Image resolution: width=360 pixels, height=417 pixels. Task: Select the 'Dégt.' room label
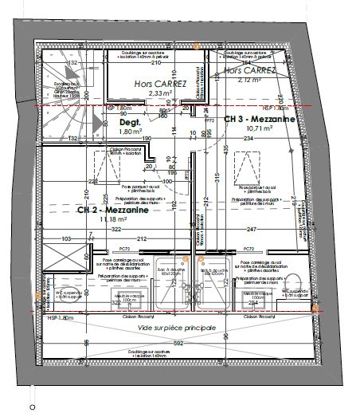129,124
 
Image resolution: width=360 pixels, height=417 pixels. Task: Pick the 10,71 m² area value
260,128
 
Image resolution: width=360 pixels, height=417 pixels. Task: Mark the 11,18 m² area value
112,218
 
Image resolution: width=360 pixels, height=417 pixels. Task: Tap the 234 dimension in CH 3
248,140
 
